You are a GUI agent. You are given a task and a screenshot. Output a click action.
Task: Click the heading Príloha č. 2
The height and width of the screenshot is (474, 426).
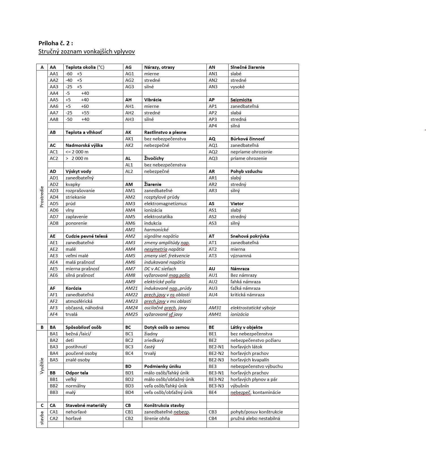pos(56,43)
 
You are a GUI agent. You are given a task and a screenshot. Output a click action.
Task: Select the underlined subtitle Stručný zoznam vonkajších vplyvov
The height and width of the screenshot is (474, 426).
pos(87,52)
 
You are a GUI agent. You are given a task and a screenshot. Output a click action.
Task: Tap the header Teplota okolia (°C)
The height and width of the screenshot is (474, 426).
pos(85,67)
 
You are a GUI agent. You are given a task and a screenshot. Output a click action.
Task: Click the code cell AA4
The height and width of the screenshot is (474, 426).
pos(54,93)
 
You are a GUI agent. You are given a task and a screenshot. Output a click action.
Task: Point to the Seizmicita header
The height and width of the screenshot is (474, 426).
pos(241,100)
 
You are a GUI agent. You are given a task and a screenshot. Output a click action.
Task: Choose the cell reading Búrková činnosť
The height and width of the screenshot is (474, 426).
pos(248,139)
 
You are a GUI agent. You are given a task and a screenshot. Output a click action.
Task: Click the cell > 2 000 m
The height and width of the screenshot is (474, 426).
pos(77,158)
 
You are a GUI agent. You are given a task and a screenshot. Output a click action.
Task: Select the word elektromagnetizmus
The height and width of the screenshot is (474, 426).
pos(165,204)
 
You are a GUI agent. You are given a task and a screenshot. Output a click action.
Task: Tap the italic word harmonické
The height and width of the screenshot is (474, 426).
pos(156,230)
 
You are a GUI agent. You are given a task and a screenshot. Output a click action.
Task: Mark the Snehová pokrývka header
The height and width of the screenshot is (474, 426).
pos(249,236)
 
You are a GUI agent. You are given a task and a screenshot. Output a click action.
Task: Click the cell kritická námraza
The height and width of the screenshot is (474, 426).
pos(247,295)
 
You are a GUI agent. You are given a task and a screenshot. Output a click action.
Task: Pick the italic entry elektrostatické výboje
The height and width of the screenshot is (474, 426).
pos(253,308)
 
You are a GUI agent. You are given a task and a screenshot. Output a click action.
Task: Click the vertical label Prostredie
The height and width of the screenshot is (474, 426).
pos(42,197)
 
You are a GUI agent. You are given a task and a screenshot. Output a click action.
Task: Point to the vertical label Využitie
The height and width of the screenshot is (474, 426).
pos(42,366)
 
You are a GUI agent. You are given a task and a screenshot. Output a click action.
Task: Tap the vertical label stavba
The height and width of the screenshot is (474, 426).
pos(42,418)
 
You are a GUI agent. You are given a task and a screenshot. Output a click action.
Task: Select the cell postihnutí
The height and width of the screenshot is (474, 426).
pos(76,347)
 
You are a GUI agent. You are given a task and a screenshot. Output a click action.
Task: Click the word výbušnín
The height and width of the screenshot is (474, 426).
pos(240,386)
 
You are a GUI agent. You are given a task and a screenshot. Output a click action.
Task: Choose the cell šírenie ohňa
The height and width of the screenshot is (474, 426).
pos(157,419)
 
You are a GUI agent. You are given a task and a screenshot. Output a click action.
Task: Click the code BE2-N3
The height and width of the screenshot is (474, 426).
pos(216,360)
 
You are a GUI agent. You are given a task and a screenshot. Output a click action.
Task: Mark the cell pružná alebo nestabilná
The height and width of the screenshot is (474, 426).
pos(255,419)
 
